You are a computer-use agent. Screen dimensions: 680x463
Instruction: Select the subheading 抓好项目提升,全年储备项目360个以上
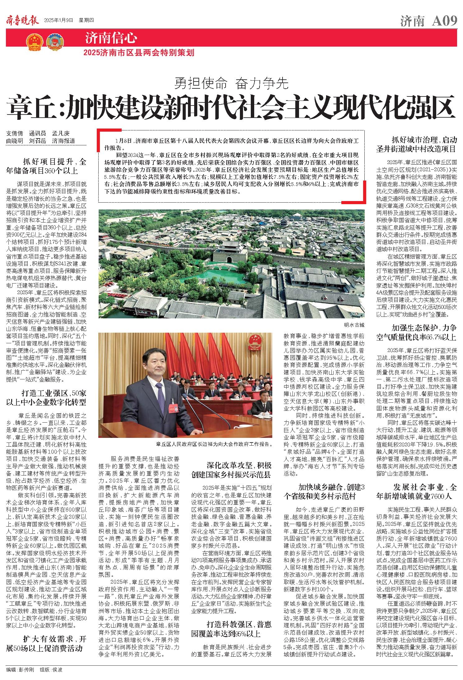click(x=46, y=166)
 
